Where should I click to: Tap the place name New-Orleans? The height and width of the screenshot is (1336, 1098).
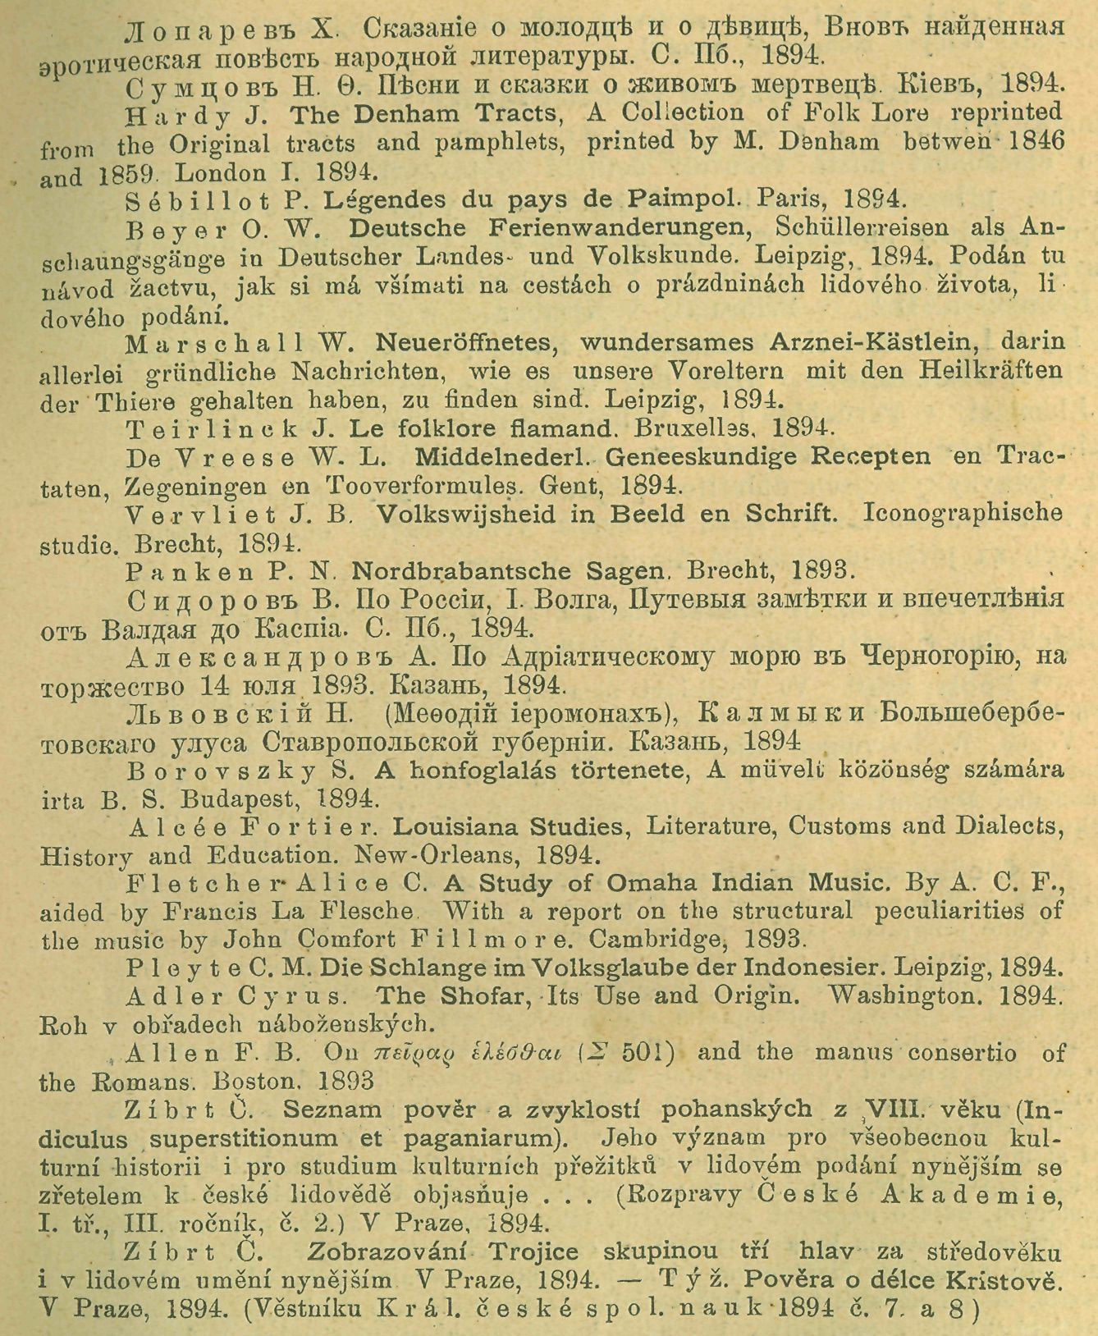[436, 855]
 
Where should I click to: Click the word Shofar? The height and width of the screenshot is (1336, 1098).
[483, 996]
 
